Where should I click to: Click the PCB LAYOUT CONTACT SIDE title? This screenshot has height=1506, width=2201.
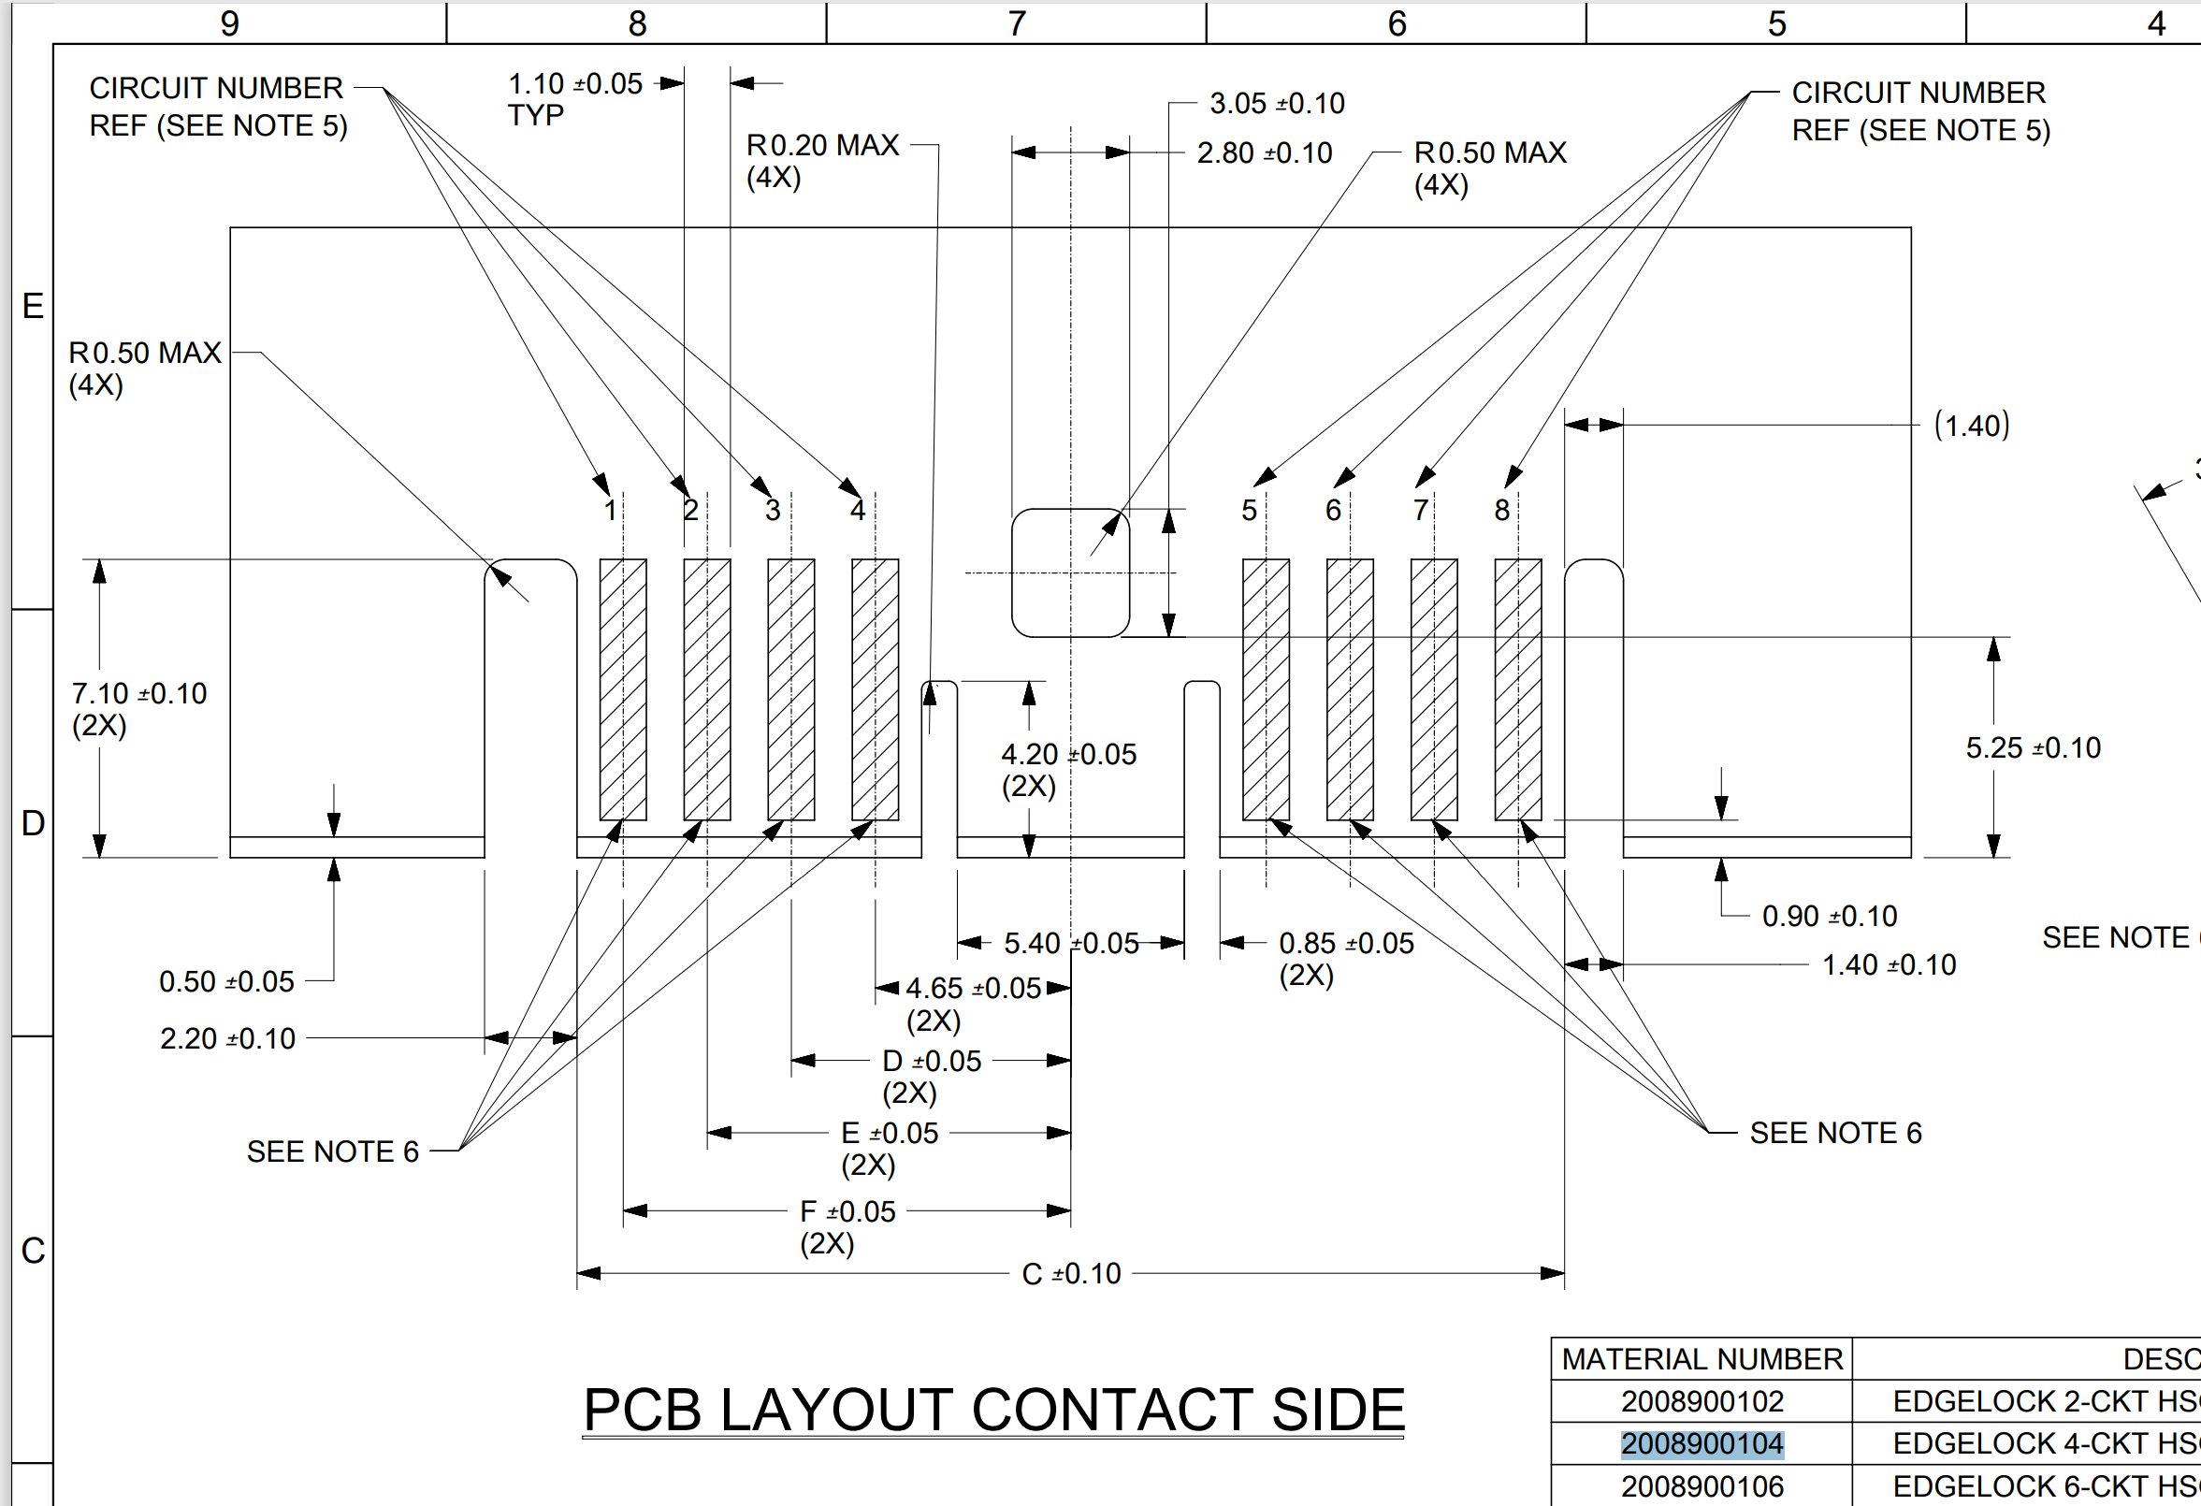click(992, 1410)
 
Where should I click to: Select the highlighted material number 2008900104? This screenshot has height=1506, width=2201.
click(1701, 1443)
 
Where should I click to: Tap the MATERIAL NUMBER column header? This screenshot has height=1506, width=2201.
click(1701, 1359)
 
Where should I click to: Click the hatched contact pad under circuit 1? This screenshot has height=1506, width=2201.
click(623, 689)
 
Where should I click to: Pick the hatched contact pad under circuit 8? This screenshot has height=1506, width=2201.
click(1517, 689)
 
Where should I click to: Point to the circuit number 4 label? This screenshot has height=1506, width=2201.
click(857, 511)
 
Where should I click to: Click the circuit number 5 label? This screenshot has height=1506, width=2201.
click(1249, 511)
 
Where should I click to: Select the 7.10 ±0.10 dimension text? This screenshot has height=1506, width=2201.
click(139, 694)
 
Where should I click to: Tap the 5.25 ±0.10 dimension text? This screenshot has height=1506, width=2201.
click(2033, 748)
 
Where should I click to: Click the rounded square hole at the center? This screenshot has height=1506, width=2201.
click(1070, 573)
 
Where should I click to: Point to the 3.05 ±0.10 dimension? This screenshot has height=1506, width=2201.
click(1277, 103)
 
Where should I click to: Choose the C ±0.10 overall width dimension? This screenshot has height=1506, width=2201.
click(1071, 1274)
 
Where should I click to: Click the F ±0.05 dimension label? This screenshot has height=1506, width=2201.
click(847, 1212)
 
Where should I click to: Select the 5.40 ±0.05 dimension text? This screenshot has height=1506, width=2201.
click(1071, 944)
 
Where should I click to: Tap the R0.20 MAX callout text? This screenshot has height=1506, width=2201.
click(822, 146)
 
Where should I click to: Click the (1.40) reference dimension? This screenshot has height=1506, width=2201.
click(1971, 426)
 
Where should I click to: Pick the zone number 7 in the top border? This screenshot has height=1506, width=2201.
click(1016, 22)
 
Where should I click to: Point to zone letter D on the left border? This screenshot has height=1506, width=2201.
click(32, 823)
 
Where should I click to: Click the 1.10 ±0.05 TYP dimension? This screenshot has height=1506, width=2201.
click(574, 85)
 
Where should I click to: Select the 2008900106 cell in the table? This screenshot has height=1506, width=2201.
click(1701, 1486)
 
